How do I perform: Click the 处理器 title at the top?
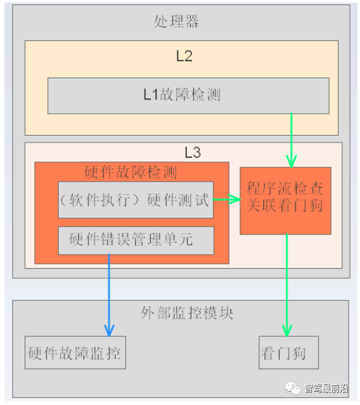pyautogui.click(x=176, y=21)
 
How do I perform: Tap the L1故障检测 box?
pyautogui.click(x=188, y=95)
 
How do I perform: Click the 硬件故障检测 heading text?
pyautogui.click(x=131, y=172)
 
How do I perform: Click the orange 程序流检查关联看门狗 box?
pyautogui.click(x=285, y=200)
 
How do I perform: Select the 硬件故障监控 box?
pyautogui.click(x=75, y=353)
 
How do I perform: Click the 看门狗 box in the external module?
pyautogui.click(x=289, y=353)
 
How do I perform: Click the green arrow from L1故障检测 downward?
pyautogui.click(x=291, y=139)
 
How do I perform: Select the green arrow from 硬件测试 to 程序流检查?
pyautogui.click(x=226, y=200)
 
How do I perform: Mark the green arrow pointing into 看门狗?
pyautogui.click(x=287, y=284)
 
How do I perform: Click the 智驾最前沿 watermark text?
pyautogui.click(x=327, y=388)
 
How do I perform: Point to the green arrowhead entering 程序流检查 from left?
pyautogui.click(x=234, y=200)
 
